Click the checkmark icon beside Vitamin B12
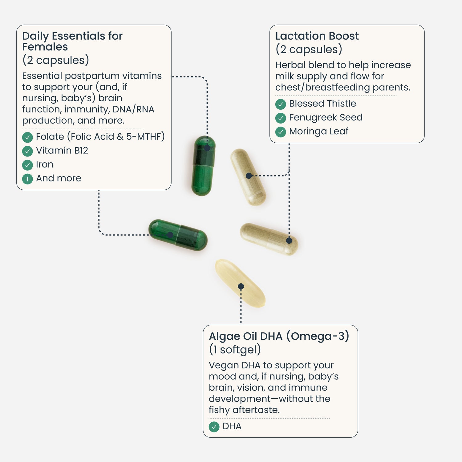click(27, 151)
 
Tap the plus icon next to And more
click(27, 179)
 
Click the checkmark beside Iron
click(27, 165)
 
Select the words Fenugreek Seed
click(326, 117)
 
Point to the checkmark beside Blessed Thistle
click(281, 104)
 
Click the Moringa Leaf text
click(318, 131)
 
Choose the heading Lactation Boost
click(317, 36)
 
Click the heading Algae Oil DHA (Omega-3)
click(279, 336)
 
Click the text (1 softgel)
click(235, 350)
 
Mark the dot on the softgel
click(241, 286)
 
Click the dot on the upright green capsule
click(207, 148)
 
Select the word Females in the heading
click(45, 47)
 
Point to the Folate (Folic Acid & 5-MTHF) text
click(100, 136)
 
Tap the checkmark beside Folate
click(27, 137)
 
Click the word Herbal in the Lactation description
click(290, 65)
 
